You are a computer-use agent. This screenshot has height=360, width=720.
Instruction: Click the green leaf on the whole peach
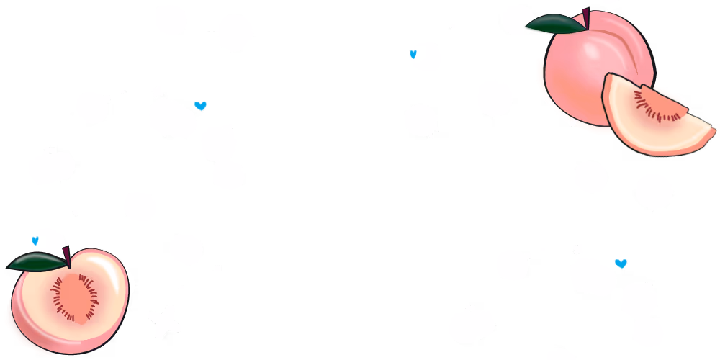tap(556, 24)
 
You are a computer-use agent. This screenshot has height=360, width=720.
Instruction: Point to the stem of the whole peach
tap(586, 17)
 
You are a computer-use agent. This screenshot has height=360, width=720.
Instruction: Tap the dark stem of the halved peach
tap(67, 256)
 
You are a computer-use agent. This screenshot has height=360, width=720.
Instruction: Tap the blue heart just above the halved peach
tap(35, 240)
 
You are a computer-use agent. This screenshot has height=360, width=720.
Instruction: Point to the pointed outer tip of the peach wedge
tap(713, 131)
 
